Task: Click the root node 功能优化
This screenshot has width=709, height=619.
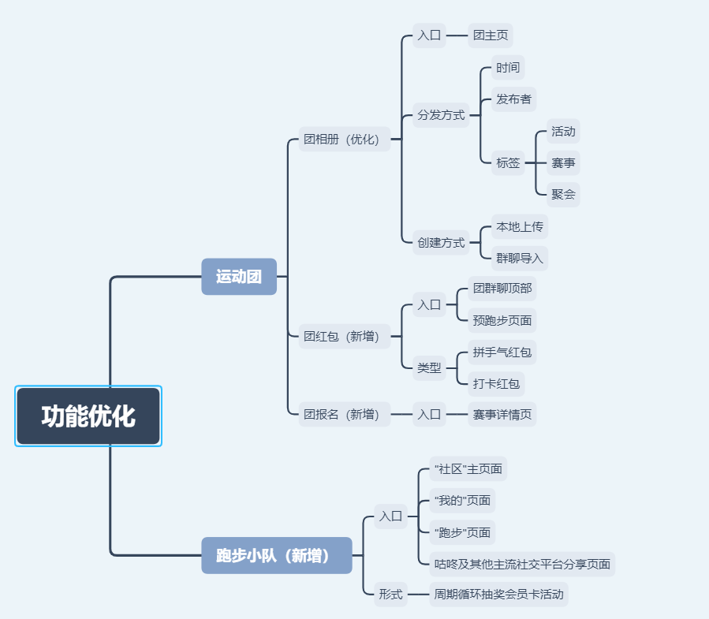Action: point(88,416)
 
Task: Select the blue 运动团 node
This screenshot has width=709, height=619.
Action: point(239,277)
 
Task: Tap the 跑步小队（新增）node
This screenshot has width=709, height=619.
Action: point(276,555)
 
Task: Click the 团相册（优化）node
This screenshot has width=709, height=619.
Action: point(345,140)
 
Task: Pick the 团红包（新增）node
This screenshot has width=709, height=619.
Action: point(345,337)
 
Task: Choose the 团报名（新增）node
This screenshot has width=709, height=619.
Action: point(345,414)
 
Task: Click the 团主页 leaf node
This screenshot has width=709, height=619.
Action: point(491,35)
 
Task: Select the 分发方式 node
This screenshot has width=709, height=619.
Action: point(441,115)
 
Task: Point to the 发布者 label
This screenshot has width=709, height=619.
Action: point(513,99)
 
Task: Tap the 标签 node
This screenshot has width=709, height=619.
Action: point(508,163)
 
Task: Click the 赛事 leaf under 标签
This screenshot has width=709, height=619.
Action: point(563,163)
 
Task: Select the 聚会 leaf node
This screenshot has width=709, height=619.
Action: point(563,194)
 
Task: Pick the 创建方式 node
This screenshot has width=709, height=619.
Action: point(441,242)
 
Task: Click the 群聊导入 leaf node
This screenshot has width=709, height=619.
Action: point(519,258)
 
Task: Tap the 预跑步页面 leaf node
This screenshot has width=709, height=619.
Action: point(502,320)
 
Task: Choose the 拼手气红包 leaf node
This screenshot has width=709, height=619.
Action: point(502,352)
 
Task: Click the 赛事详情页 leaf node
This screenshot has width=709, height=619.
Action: point(502,414)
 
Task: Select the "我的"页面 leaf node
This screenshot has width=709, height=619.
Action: point(462,500)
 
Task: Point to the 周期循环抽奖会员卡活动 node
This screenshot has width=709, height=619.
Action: point(498,594)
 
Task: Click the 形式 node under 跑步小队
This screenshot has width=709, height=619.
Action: point(390,594)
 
